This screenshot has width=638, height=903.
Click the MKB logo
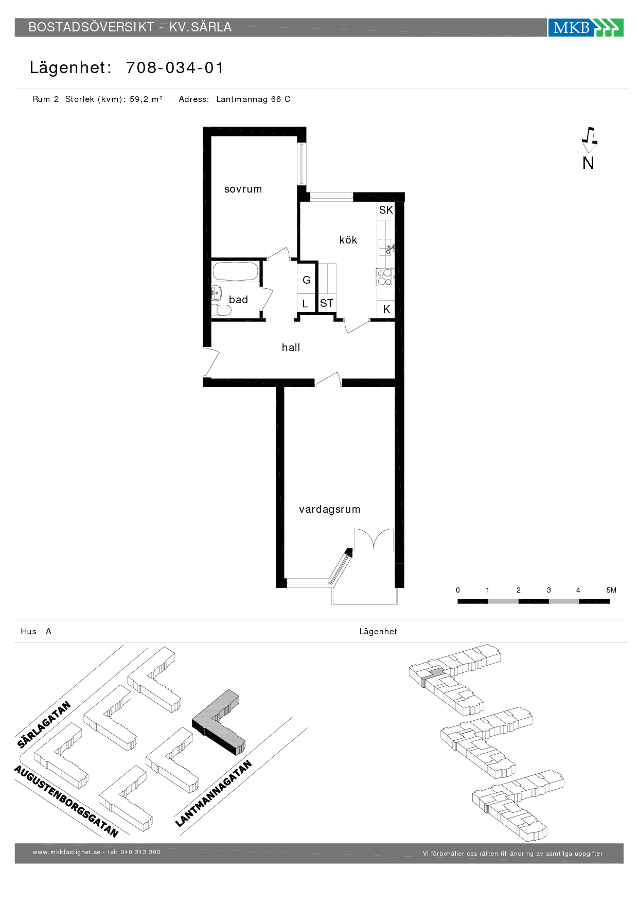pyautogui.click(x=586, y=27)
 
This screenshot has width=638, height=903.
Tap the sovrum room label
pyautogui.click(x=243, y=189)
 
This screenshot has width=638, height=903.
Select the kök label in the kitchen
pyautogui.click(x=348, y=240)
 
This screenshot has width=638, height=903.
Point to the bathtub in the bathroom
pyautogui.click(x=236, y=272)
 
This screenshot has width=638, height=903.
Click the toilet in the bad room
pyautogui.click(x=221, y=310)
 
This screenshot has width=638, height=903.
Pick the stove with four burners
pyautogui.click(x=385, y=277)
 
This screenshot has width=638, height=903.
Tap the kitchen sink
pyautogui.click(x=385, y=247)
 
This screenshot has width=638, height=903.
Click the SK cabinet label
pyautogui.click(x=386, y=210)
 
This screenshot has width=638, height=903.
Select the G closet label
pyautogui.click(x=307, y=280)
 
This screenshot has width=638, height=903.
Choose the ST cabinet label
pyautogui.click(x=327, y=303)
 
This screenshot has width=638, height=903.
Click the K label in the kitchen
pyautogui.click(x=386, y=309)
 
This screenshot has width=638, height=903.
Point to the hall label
pyautogui.click(x=291, y=348)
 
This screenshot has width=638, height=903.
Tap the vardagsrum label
pyautogui.click(x=330, y=509)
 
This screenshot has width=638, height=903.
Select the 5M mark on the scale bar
pyautogui.click(x=611, y=590)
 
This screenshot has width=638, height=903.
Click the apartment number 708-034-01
pyautogui.click(x=175, y=68)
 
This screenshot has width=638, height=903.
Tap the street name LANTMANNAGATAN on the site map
pyautogui.click(x=214, y=793)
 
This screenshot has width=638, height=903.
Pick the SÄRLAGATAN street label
pyautogui.click(x=44, y=724)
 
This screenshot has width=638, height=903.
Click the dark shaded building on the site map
pyautogui.click(x=218, y=722)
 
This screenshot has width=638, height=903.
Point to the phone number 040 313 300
pyautogui.click(x=140, y=852)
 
